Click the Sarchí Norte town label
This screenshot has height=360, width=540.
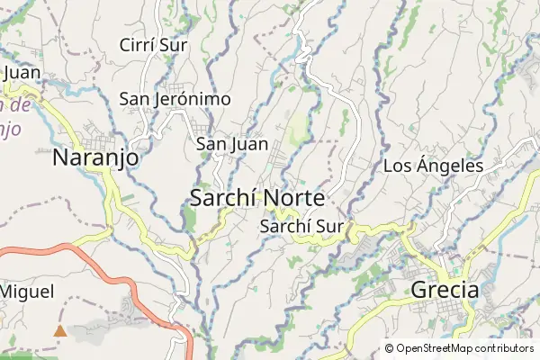pyautogui.click(x=258, y=198)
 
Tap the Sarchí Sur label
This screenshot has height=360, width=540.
pyautogui.click(x=301, y=227)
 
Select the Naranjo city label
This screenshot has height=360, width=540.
pyautogui.click(x=96, y=158)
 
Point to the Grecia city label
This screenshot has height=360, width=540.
pyautogui.click(x=445, y=290)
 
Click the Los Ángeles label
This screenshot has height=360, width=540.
pyautogui.click(x=434, y=166)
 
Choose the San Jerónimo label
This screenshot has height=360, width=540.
pyautogui.click(x=175, y=99)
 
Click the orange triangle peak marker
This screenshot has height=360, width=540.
pyautogui.click(x=60, y=331)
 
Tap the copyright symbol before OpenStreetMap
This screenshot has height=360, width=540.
pyautogui.click(x=390, y=348)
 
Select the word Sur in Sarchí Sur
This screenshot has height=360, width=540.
pyautogui.click(x=329, y=227)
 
